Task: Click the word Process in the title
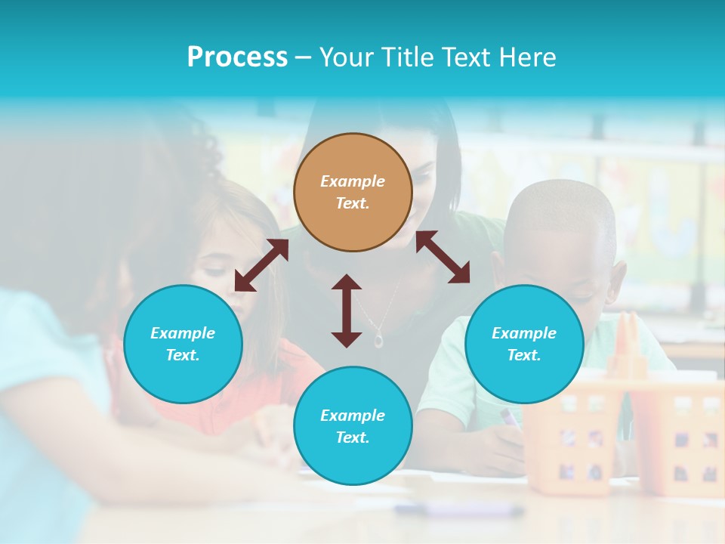237,57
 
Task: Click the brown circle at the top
353,193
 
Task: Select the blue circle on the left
183,345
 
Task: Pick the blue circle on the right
524,345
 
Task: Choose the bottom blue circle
353,426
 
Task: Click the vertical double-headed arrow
347,311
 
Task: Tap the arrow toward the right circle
443,257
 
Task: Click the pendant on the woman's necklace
378,341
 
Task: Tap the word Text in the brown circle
353,203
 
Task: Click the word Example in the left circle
183,333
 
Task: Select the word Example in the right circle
524,333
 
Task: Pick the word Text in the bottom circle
353,437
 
